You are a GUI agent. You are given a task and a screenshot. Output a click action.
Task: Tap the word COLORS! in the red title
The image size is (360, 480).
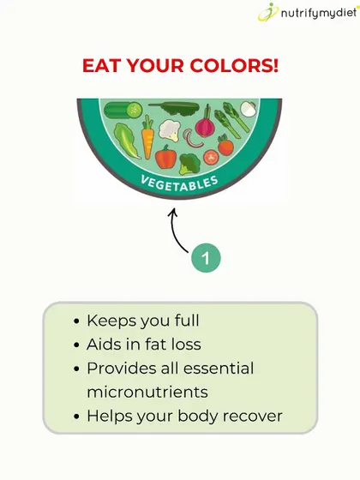[234, 65]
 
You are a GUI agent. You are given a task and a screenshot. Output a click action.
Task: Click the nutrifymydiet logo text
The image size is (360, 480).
[319, 14]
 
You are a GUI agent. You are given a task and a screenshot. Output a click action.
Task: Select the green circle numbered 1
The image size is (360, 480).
[206, 258]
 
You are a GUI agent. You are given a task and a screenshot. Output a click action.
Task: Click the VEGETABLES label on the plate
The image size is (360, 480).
[179, 183]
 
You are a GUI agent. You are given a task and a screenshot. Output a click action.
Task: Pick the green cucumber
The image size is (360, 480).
[123, 110]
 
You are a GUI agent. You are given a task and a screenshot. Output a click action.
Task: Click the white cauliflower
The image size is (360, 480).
[170, 130]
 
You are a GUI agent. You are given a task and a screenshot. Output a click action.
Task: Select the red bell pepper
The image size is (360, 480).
[166, 157]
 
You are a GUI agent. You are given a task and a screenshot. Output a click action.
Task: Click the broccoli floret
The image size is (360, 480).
[189, 164]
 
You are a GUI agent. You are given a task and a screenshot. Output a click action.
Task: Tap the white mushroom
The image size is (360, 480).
[248, 109]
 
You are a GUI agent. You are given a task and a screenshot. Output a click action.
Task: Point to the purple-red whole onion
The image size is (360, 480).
[205, 123]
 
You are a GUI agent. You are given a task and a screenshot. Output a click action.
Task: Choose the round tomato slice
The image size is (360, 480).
[211, 158]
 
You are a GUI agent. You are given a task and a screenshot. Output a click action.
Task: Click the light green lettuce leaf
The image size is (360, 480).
[126, 140]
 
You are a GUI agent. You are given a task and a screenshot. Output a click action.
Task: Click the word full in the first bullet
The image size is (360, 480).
[187, 321]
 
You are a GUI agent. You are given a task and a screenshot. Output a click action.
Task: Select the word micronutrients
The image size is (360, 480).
[147, 393]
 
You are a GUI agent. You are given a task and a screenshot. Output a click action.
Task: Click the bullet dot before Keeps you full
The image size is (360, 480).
[76, 321]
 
